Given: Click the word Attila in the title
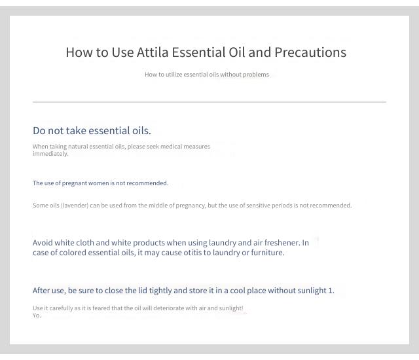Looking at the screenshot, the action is point(153,52).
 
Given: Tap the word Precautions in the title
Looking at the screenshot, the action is point(310,52).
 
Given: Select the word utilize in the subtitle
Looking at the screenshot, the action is point(173,75).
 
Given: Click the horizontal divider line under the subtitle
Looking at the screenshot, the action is point(209,102).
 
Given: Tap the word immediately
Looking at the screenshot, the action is point(50,154).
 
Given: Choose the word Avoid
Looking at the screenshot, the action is point(43,243).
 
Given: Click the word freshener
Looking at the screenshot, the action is point(282,243).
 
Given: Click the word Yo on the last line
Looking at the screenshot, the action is point(37,315).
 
